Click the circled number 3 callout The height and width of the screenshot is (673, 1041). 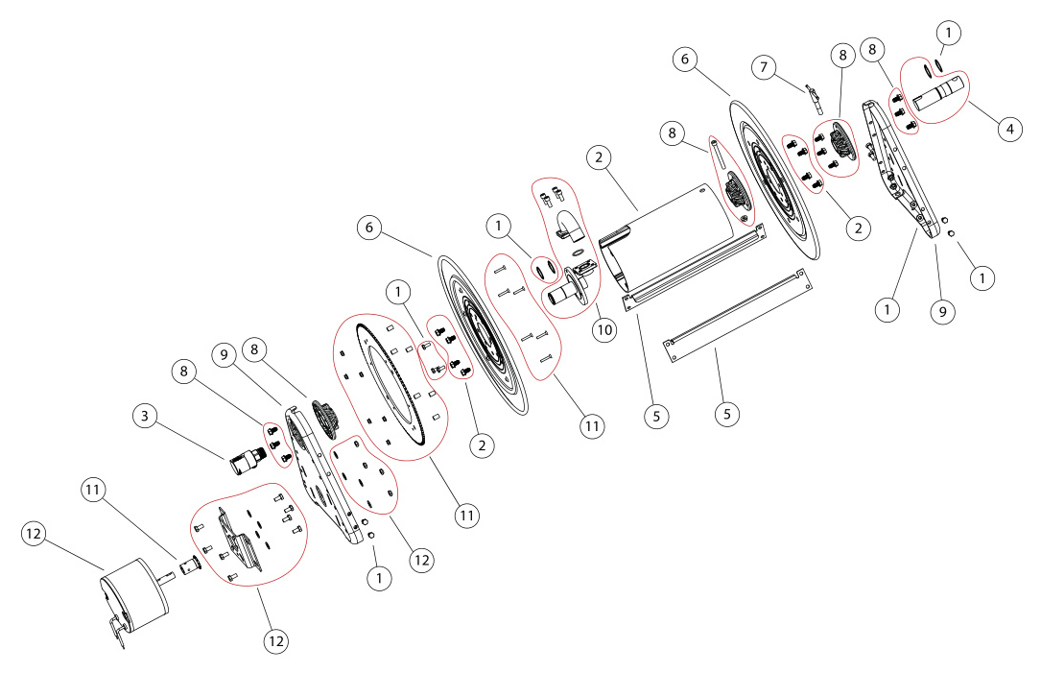pyautogui.click(x=146, y=416)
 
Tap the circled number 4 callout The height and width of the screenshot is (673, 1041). pyautogui.click(x=1007, y=129)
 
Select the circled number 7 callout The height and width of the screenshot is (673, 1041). pyautogui.click(x=765, y=67)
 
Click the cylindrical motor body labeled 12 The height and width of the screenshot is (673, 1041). pyautogui.click(x=135, y=591)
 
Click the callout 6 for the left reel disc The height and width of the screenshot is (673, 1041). pyautogui.click(x=369, y=228)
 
